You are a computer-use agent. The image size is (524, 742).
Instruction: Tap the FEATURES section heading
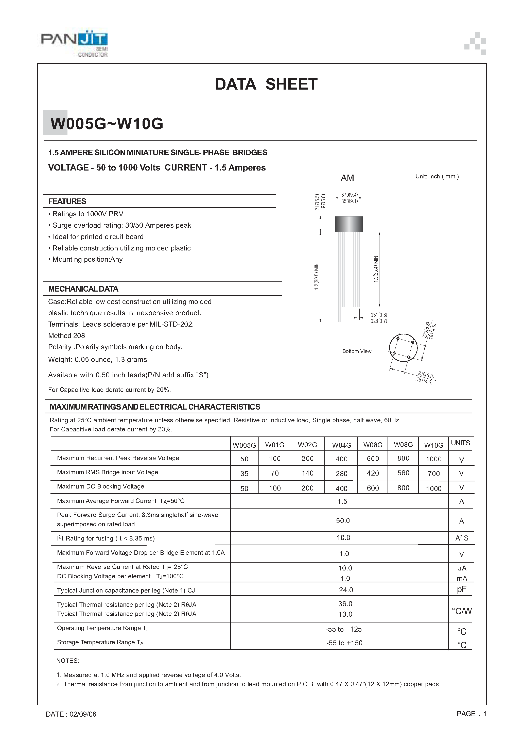(67, 201)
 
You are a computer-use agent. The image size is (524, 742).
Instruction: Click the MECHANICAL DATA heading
(83, 289)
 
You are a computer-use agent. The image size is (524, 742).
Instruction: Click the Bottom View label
(357, 351)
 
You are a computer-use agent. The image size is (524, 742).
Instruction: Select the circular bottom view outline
(403, 348)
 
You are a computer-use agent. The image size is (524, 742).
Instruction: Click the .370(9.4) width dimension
(349, 195)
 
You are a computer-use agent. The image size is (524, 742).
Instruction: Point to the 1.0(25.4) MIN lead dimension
(376, 269)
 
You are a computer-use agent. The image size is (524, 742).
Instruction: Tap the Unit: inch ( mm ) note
(437, 176)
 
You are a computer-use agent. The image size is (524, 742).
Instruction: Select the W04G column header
(341, 445)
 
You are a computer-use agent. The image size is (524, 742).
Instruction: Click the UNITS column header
(460, 443)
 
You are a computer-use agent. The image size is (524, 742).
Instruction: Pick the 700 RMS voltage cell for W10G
(433, 474)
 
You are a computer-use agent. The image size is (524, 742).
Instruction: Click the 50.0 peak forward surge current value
(343, 521)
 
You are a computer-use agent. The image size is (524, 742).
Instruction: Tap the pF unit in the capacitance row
(462, 589)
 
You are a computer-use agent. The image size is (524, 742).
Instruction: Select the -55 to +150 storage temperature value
(344, 643)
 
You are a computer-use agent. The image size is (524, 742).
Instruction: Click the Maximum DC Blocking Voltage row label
(100, 486)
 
